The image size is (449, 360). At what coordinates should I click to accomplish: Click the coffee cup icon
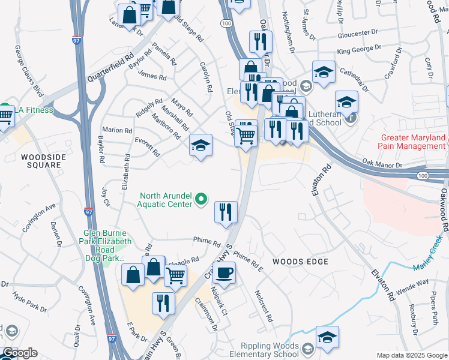(224, 273)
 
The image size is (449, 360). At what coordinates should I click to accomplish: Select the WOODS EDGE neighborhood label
(300, 262)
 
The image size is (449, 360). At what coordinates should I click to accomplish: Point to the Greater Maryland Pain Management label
(413, 142)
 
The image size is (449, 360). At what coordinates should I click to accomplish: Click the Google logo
(19, 353)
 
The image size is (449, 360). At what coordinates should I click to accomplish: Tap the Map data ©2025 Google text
(412, 355)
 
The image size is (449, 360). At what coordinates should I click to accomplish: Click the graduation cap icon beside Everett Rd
(200, 145)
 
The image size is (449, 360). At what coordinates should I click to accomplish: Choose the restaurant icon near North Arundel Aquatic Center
(226, 212)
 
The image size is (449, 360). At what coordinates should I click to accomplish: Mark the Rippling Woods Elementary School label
(269, 350)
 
